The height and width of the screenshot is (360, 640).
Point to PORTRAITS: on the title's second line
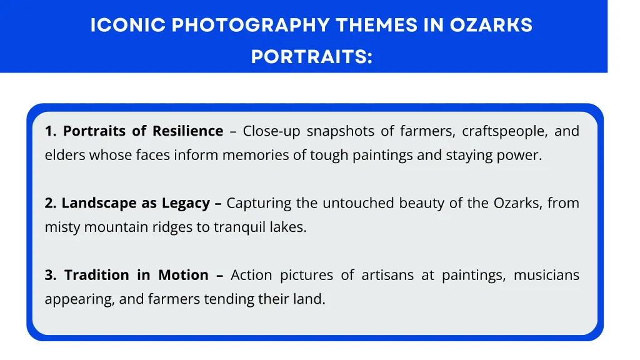coord(311,57)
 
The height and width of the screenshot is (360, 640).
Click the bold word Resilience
coord(187,131)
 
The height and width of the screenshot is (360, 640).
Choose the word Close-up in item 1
coord(271,131)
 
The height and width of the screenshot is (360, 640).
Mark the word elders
coord(64,156)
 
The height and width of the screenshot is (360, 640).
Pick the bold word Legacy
coord(186,203)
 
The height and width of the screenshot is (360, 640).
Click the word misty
coord(62,227)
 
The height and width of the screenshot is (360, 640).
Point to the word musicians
coord(546,275)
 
